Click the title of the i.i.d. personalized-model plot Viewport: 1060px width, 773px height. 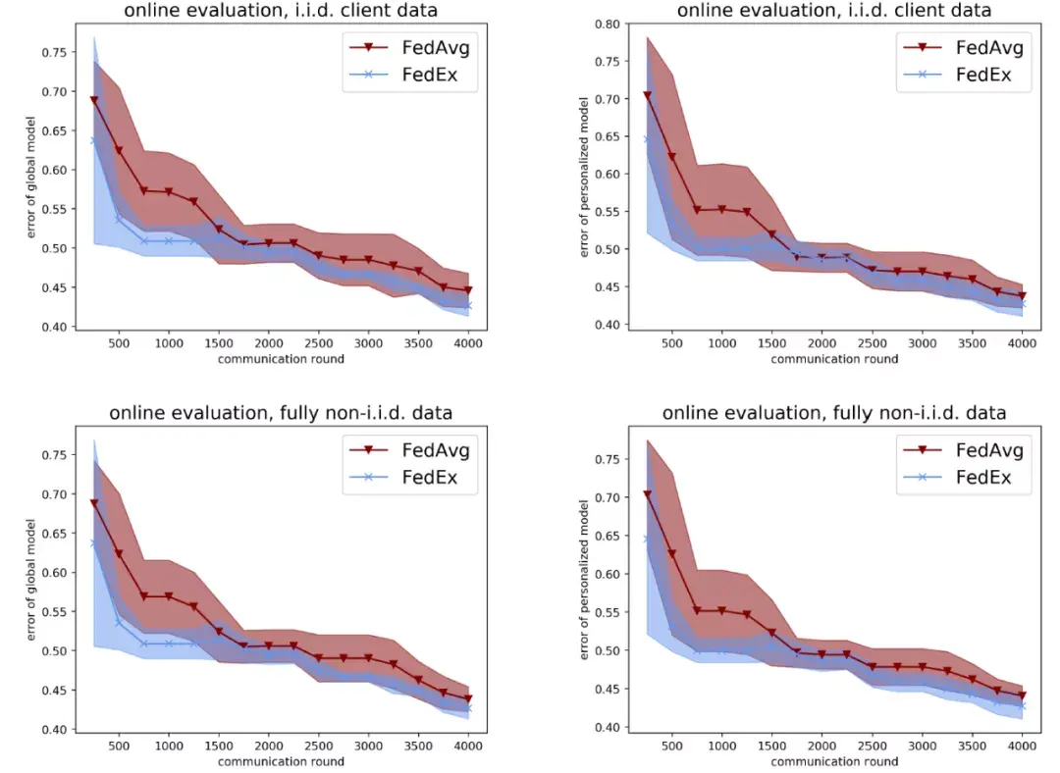[833, 10]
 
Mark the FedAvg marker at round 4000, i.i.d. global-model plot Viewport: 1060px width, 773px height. [467, 290]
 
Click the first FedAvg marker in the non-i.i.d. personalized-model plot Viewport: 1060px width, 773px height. [647, 494]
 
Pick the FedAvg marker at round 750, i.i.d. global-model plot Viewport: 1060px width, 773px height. [143, 191]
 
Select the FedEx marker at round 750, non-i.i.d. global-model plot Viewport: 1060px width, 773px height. [143, 644]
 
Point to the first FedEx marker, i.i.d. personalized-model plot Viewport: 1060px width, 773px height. [647, 139]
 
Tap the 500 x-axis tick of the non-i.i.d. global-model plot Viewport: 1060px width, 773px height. [119, 746]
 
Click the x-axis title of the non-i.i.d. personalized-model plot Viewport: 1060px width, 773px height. [833, 761]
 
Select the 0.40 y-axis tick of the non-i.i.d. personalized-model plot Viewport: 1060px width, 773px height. [609, 727]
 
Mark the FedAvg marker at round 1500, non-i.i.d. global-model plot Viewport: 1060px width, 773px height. [218, 632]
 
